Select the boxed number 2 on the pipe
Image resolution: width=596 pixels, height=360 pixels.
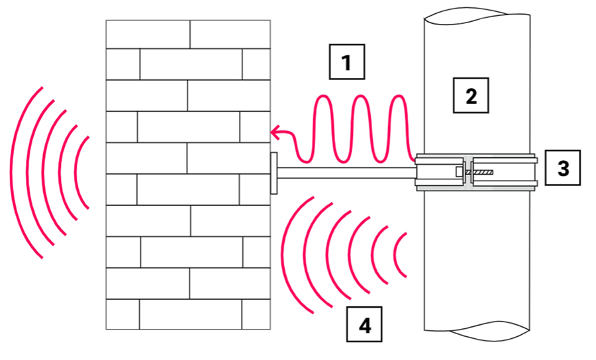471,96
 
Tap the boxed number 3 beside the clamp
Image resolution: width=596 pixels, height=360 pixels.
563,168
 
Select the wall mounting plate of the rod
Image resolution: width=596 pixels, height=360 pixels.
273,173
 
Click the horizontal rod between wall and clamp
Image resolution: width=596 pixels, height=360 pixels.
344,173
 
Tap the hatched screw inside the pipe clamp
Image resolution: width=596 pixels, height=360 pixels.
481,173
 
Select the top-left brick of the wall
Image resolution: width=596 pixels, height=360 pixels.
148,34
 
